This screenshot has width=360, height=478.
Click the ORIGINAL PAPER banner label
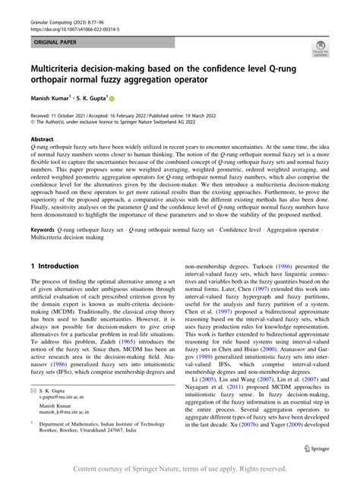[55, 36]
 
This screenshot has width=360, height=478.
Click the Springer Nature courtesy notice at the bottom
[179, 468]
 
